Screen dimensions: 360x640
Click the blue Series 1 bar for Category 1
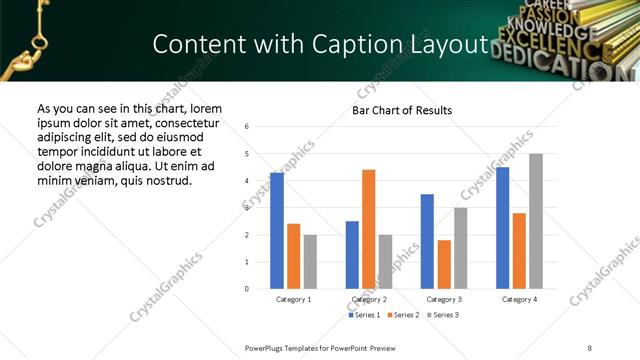(277, 231)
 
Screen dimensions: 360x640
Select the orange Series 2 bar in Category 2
(369, 229)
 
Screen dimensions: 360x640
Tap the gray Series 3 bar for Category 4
(536, 221)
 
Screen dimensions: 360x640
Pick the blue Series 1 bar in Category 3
(427, 241)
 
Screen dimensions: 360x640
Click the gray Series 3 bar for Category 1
(310, 262)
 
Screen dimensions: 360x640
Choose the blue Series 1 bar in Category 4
(503, 228)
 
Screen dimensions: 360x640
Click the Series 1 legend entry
(364, 315)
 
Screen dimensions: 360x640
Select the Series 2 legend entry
(404, 315)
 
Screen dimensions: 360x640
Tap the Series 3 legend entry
(444, 315)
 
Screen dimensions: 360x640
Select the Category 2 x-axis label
(369, 299)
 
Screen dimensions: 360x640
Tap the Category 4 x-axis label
(519, 299)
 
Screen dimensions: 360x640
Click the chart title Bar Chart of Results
(402, 110)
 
